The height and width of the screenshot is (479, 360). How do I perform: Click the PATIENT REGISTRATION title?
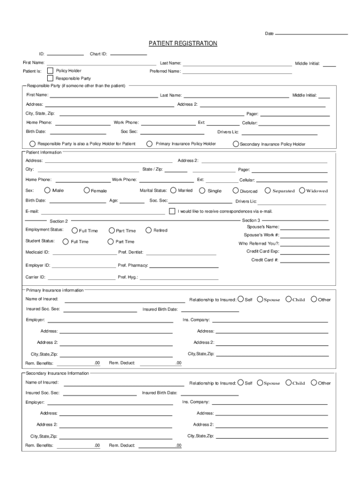click(x=183, y=44)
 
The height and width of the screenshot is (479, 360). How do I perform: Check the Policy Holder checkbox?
click(x=50, y=71)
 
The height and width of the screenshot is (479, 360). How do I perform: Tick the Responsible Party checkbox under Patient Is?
click(x=50, y=78)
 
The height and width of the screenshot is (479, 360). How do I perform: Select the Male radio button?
click(x=47, y=190)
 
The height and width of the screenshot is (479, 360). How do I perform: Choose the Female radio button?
click(x=87, y=190)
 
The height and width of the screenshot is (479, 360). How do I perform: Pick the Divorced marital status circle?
click(x=236, y=190)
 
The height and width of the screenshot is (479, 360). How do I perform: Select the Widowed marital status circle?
click(x=302, y=190)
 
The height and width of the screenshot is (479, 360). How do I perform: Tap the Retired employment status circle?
click(x=149, y=230)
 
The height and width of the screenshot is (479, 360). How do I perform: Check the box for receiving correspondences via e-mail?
click(x=172, y=211)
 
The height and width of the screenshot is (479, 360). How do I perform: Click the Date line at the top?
click(x=311, y=34)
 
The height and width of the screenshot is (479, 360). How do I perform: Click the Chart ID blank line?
click(x=129, y=55)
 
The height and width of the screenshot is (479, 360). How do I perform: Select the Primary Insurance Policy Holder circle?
click(x=150, y=144)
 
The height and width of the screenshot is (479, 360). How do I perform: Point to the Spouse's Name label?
click(x=263, y=226)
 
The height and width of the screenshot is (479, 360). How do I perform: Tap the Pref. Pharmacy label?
click(x=133, y=265)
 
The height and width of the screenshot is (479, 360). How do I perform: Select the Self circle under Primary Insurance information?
click(x=240, y=299)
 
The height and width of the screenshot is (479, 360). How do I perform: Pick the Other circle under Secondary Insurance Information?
click(x=314, y=382)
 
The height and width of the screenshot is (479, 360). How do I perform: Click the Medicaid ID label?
click(x=37, y=252)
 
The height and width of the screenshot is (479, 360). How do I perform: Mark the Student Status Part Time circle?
click(x=111, y=241)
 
